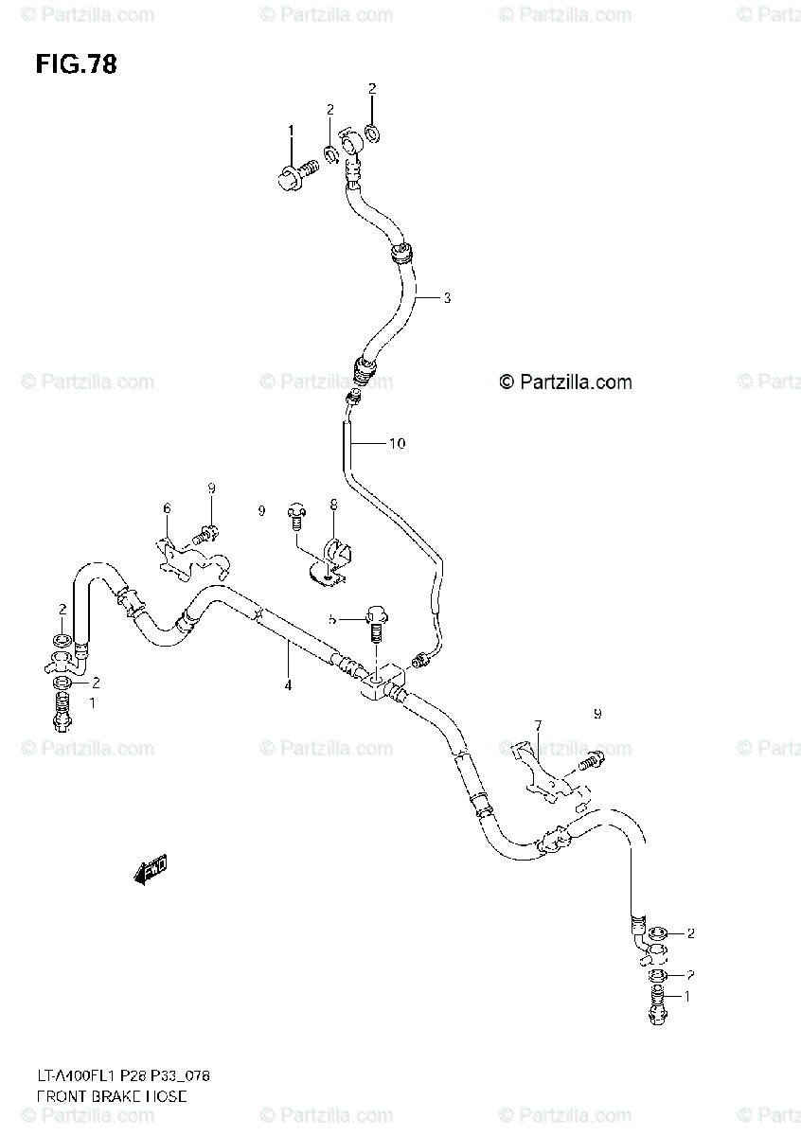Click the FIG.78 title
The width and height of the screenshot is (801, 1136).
76,64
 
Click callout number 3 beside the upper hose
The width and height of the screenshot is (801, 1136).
447,298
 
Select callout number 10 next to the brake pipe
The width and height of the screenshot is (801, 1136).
397,443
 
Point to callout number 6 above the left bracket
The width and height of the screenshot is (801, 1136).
167,509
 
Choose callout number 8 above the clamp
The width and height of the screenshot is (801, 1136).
333,506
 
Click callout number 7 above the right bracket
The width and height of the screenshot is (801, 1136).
537,725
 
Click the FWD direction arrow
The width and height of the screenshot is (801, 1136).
151,870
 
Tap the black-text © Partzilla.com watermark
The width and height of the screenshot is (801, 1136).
565,382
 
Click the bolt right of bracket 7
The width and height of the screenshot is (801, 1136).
590,757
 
